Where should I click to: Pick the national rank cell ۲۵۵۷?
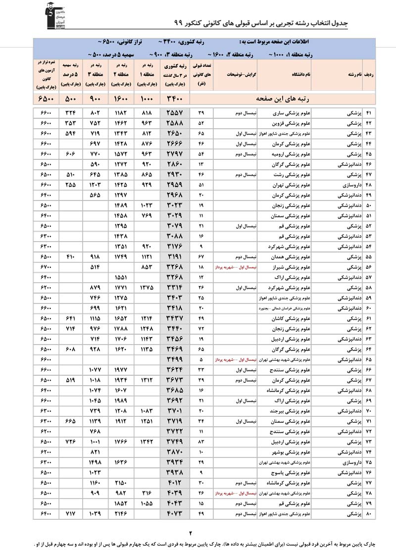[x=175, y=114]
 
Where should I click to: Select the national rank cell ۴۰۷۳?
[x=175, y=515]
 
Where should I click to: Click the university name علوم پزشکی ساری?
[x=295, y=114]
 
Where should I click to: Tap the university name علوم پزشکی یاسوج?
[x=295, y=472]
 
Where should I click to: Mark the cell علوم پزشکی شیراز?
[x=295, y=267]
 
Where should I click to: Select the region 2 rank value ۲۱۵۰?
[x=121, y=483]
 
